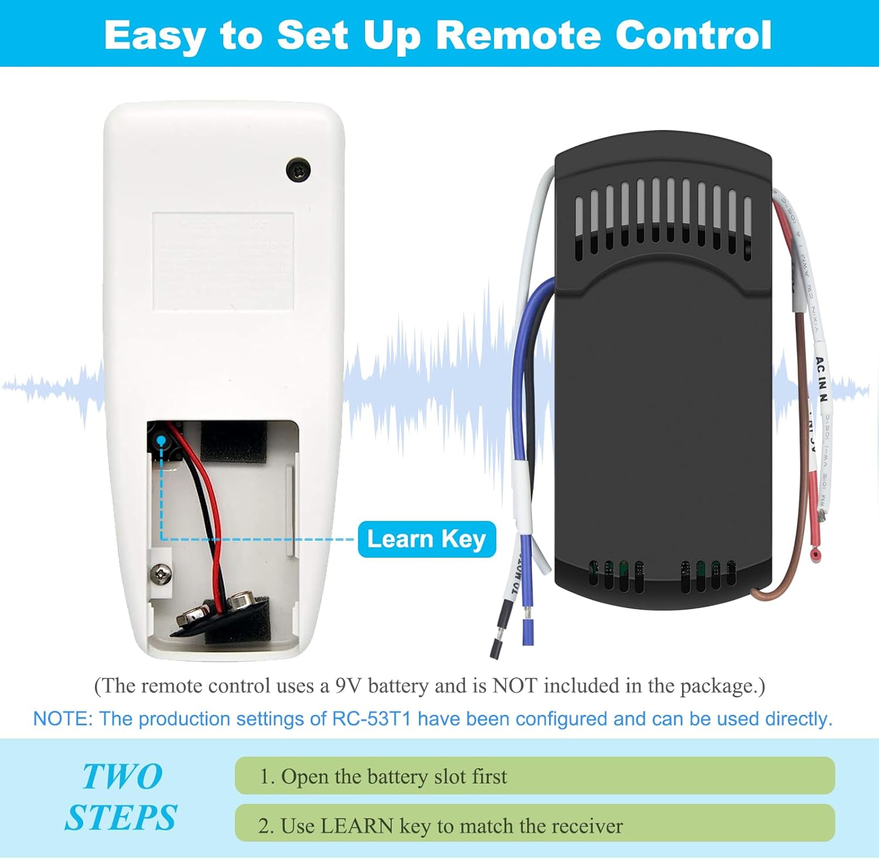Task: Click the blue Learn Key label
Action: coord(427,539)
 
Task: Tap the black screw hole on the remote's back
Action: coord(298,169)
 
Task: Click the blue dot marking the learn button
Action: coord(161,439)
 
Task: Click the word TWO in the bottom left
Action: coord(122,777)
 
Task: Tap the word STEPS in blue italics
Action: coord(121,818)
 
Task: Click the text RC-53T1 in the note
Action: coord(372,719)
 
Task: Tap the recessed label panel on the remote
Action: coord(223,261)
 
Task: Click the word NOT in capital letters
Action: coord(515,686)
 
